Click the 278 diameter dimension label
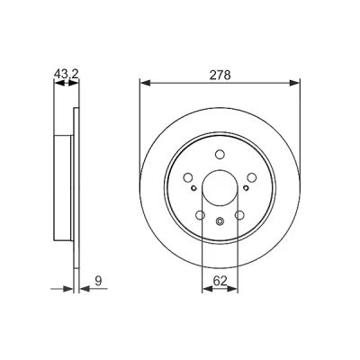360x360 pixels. (220, 75)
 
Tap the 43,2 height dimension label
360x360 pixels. (67, 74)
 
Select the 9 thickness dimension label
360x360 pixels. (98, 281)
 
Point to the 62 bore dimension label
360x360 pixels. (220, 281)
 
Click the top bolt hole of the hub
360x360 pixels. (220, 154)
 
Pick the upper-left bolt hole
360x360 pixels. (188, 177)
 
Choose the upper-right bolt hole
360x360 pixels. (252, 177)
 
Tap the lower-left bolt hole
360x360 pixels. (200, 215)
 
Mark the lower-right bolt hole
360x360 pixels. (239, 215)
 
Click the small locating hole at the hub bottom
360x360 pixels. (220, 221)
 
